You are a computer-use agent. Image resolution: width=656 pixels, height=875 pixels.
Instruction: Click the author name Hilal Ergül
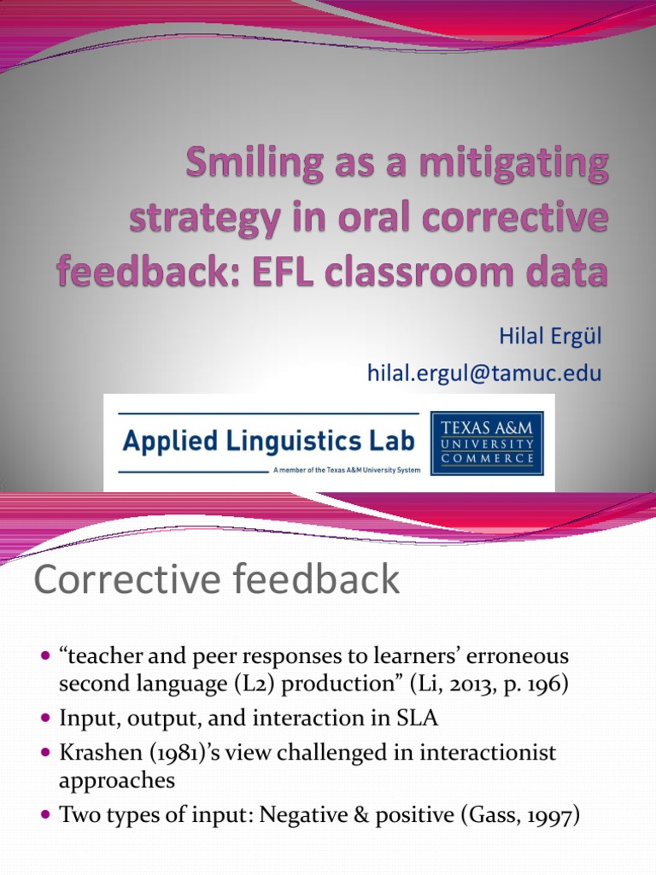(x=550, y=336)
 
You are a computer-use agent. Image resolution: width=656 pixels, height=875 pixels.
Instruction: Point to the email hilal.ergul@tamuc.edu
(x=484, y=372)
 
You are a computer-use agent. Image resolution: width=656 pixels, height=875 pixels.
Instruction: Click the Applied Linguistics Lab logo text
(x=268, y=441)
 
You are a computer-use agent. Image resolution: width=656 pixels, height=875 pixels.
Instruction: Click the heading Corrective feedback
(x=216, y=580)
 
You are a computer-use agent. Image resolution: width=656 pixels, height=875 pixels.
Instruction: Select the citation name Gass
(x=471, y=816)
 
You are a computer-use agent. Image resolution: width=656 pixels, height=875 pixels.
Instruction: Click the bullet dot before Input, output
(x=46, y=719)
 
